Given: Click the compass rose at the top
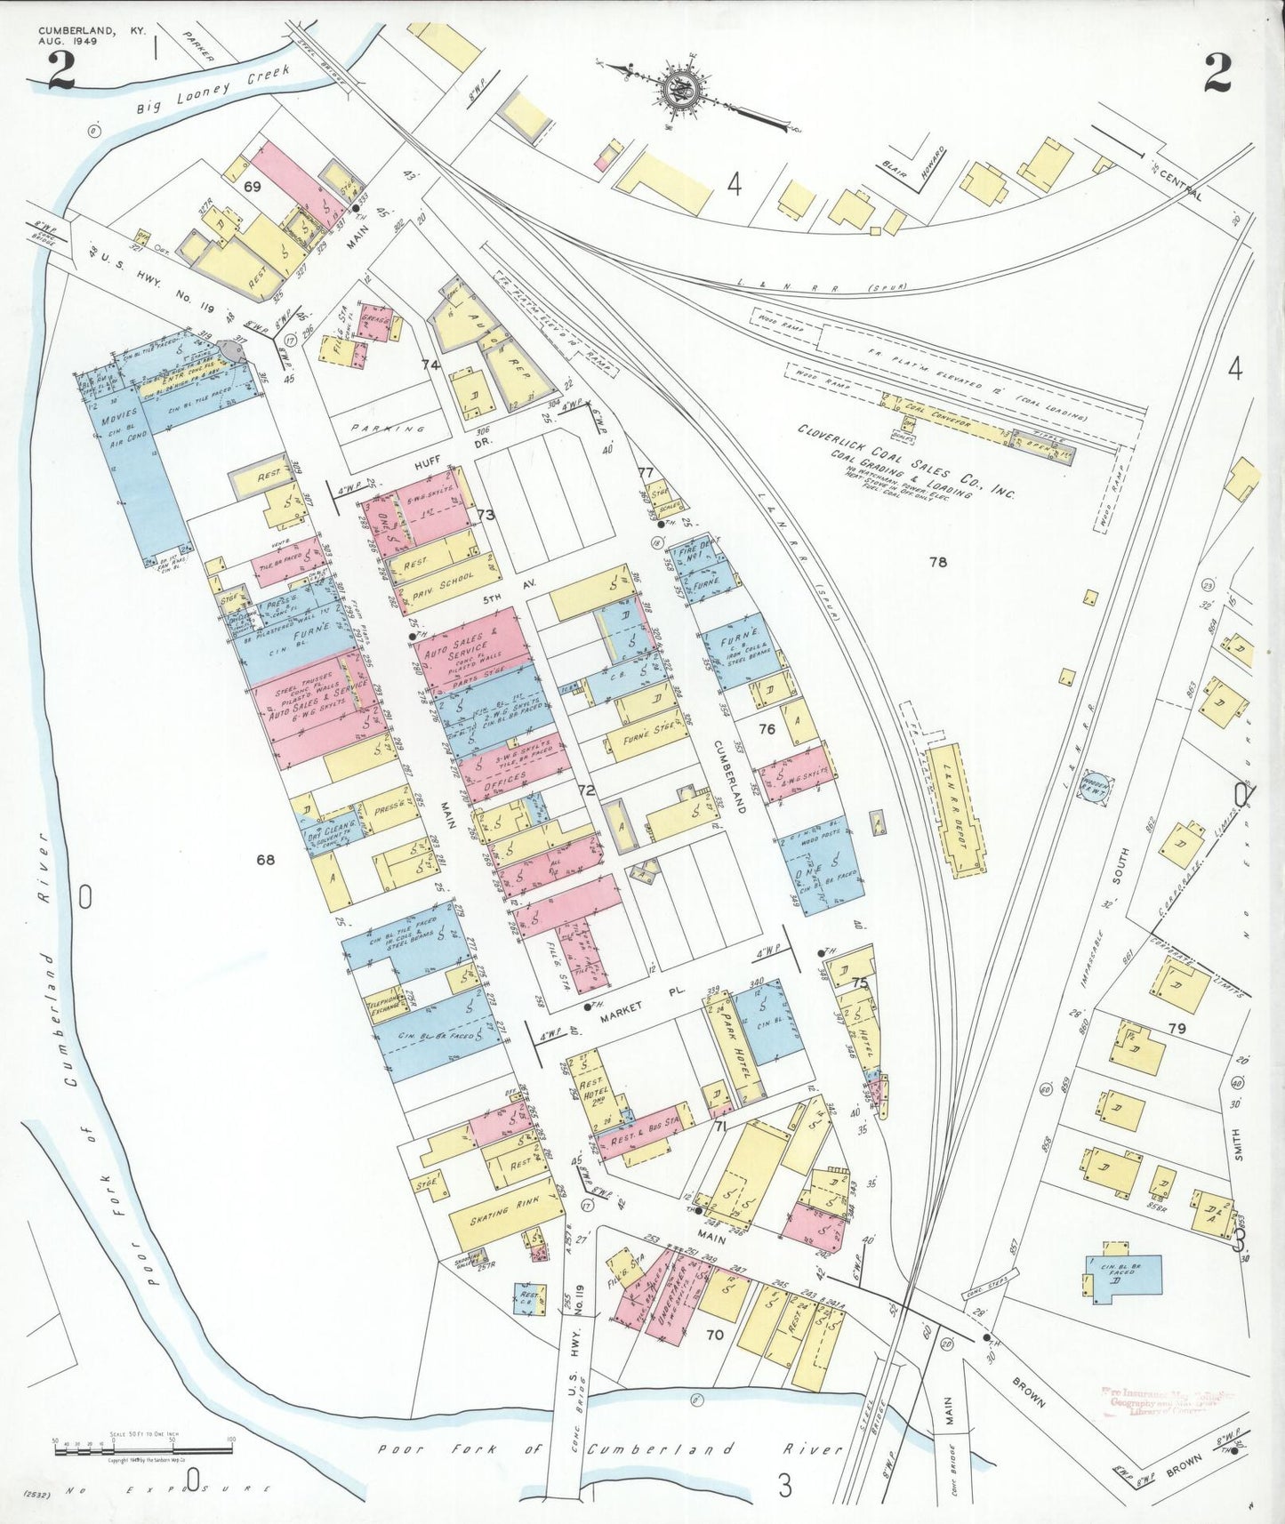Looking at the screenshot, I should pos(683,90).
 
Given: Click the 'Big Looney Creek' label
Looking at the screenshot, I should pos(214,93).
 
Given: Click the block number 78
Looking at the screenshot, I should pos(938,561).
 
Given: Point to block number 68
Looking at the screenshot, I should pos(265,859).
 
